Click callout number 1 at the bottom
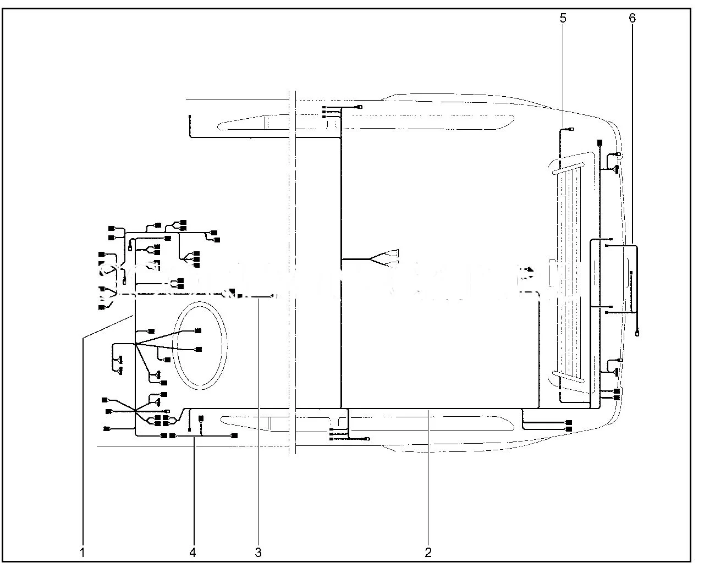(82, 552)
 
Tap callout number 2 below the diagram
(428, 552)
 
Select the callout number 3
(257, 552)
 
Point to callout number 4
(193, 552)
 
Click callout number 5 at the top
(563, 18)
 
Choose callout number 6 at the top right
(632, 18)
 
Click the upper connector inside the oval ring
(198, 330)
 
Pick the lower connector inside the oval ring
(198, 349)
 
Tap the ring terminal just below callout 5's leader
(571, 130)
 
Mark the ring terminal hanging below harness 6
(637, 333)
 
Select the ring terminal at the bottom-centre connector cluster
(367, 439)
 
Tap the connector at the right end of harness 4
(234, 435)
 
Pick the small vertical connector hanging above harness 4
(201, 419)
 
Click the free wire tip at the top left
(190, 117)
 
